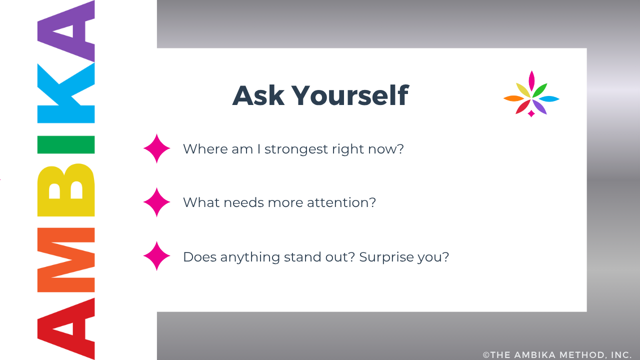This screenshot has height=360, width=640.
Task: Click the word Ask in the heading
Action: pos(258,95)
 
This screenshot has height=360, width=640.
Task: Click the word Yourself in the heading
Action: pos(350,95)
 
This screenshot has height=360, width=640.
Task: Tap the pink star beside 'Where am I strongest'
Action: pos(157,148)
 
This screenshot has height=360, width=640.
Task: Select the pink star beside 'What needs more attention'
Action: pos(157,202)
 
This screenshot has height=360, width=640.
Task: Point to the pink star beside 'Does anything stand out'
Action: pos(157,255)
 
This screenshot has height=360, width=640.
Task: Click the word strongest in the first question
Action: pos(296,149)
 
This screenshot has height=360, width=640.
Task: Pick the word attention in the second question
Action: pos(341,202)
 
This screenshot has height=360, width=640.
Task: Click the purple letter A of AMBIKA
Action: pos(66,31)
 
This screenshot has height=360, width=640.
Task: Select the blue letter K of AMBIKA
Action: pos(66,93)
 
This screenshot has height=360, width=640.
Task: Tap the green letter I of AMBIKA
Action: pos(66,144)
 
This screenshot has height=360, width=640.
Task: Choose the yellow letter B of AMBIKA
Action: pos(66,190)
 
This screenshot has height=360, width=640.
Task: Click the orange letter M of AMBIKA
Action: pos(66,260)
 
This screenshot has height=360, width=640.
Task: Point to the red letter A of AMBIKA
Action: pos(66,328)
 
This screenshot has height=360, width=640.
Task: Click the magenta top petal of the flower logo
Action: pos(531,81)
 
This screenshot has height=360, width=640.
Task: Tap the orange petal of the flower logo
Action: pos(513,98)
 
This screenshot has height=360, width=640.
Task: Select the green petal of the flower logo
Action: pos(540,90)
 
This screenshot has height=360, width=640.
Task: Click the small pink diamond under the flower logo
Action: pos(531,113)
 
